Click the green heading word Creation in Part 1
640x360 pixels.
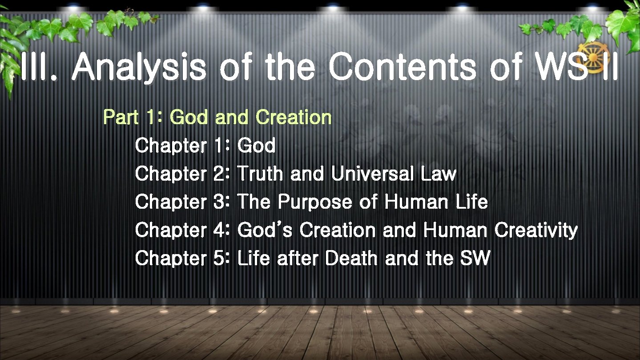(x=294, y=117)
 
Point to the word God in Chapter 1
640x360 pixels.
(x=257, y=146)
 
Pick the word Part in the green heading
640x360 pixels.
(x=118, y=117)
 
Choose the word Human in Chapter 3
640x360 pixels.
(x=416, y=202)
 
